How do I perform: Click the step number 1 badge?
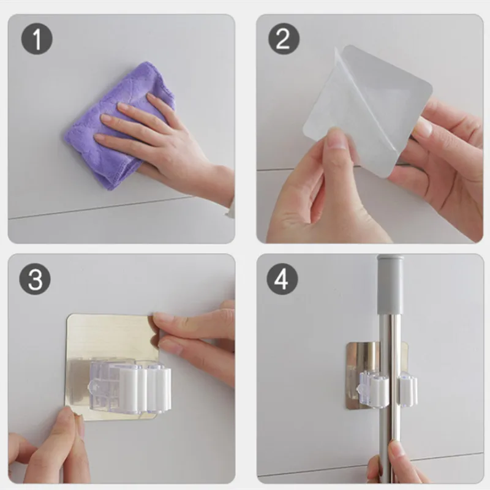(x=37, y=39)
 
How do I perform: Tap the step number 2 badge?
(x=284, y=39)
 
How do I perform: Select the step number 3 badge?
(x=35, y=279)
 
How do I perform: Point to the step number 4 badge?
(x=282, y=279)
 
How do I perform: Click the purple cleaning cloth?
(x=119, y=125)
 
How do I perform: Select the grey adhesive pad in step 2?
(x=391, y=94)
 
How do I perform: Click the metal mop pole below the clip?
(x=391, y=443)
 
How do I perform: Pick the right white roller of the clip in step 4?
(x=407, y=390)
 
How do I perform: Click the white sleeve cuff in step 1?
(x=230, y=208)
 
